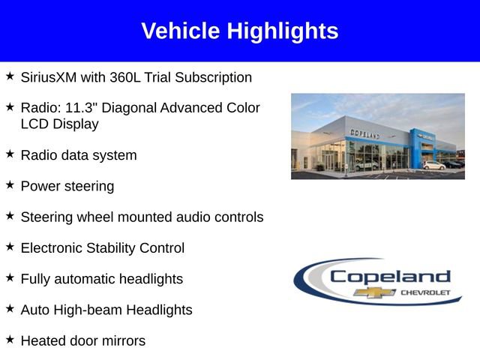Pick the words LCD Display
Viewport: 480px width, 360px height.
[x=59, y=124]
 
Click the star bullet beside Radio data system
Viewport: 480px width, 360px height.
[x=10, y=154]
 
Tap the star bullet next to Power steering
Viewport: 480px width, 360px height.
[x=10, y=184]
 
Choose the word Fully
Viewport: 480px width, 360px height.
[x=36, y=279]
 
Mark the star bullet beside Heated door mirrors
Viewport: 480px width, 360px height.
[x=10, y=339]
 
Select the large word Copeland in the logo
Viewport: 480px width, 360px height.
[x=390, y=276]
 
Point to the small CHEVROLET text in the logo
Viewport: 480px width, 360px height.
[x=425, y=292]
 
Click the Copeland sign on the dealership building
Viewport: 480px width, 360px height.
[x=365, y=133]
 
